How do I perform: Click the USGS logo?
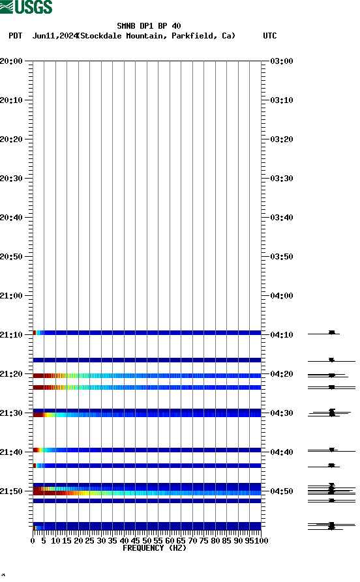(26, 7)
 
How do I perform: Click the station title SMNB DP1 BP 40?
(149, 26)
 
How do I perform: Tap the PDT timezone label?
(16, 36)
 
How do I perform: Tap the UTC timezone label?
(269, 36)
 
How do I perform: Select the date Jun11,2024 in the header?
(55, 36)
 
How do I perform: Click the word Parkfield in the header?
(192, 36)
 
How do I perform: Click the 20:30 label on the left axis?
(12, 179)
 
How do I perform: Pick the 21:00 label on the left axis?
(12, 296)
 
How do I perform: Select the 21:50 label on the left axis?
(12, 491)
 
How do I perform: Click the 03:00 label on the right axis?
(281, 61)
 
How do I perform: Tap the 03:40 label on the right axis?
(281, 218)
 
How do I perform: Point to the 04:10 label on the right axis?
(281, 335)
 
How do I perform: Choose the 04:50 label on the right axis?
(281, 491)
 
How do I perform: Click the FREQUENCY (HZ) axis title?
(154, 548)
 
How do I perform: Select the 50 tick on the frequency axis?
(147, 540)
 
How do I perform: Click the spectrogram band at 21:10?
(147, 333)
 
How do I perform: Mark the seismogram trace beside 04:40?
(332, 450)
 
